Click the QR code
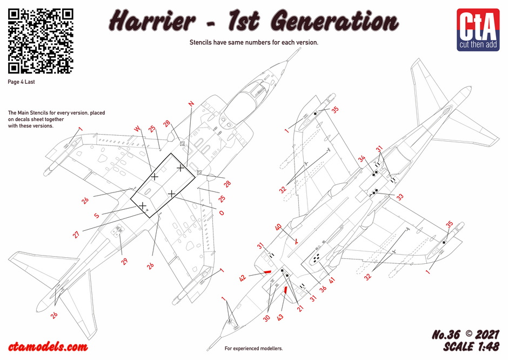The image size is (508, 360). pos(41,41)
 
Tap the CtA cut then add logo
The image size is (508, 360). pos(478,30)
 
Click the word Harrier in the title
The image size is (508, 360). pos(152,21)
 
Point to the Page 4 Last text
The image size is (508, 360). pos(21,82)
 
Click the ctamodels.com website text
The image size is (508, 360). pos(48,346)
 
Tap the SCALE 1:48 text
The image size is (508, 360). pos(471,346)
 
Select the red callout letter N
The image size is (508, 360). pos(191,104)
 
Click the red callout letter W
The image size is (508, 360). pos(137,129)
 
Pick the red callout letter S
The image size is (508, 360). pos(97,216)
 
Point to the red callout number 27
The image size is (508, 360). pos(76,234)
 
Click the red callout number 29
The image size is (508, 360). pos(124,261)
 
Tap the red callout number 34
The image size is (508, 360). pos(362,159)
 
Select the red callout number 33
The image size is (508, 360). pos(400,197)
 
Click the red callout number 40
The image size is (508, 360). pos(278,227)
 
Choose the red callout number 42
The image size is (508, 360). pos(243,278)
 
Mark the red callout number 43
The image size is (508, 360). pos(280,317)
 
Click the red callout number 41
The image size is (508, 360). pos(331,280)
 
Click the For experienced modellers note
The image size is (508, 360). pos(253,349)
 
